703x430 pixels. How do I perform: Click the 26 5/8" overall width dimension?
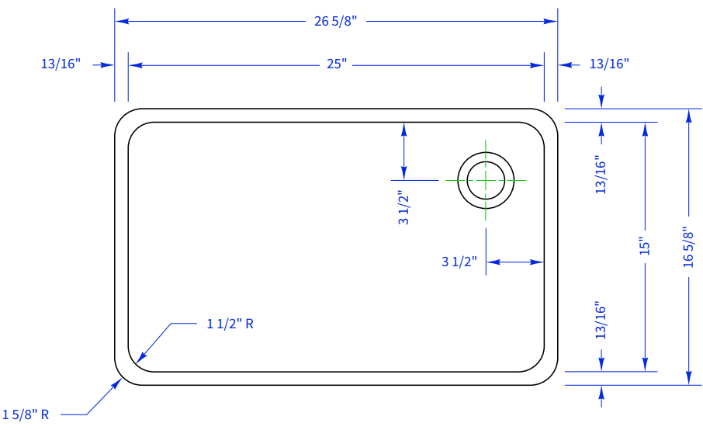[335, 21]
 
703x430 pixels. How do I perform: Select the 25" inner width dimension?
[337, 64]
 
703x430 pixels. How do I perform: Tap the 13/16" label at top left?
[61, 64]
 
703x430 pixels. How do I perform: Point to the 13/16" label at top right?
[609, 64]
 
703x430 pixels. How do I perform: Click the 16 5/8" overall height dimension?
[688, 247]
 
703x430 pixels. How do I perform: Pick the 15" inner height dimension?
[644, 246]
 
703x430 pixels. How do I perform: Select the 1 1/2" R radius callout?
[230, 324]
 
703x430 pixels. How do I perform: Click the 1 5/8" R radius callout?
[26, 414]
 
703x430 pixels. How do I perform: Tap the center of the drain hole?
[486, 180]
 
